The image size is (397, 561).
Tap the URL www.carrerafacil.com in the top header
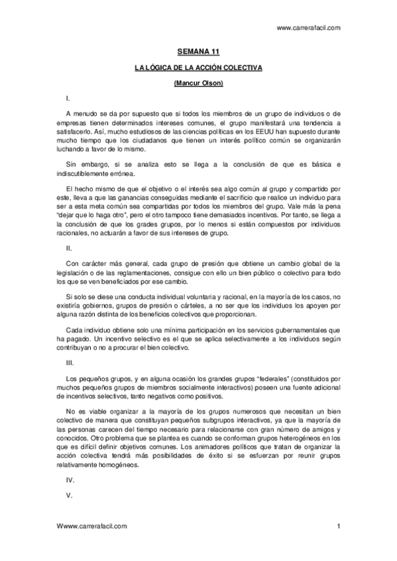click(x=308, y=28)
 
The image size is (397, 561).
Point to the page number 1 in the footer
click(x=338, y=526)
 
